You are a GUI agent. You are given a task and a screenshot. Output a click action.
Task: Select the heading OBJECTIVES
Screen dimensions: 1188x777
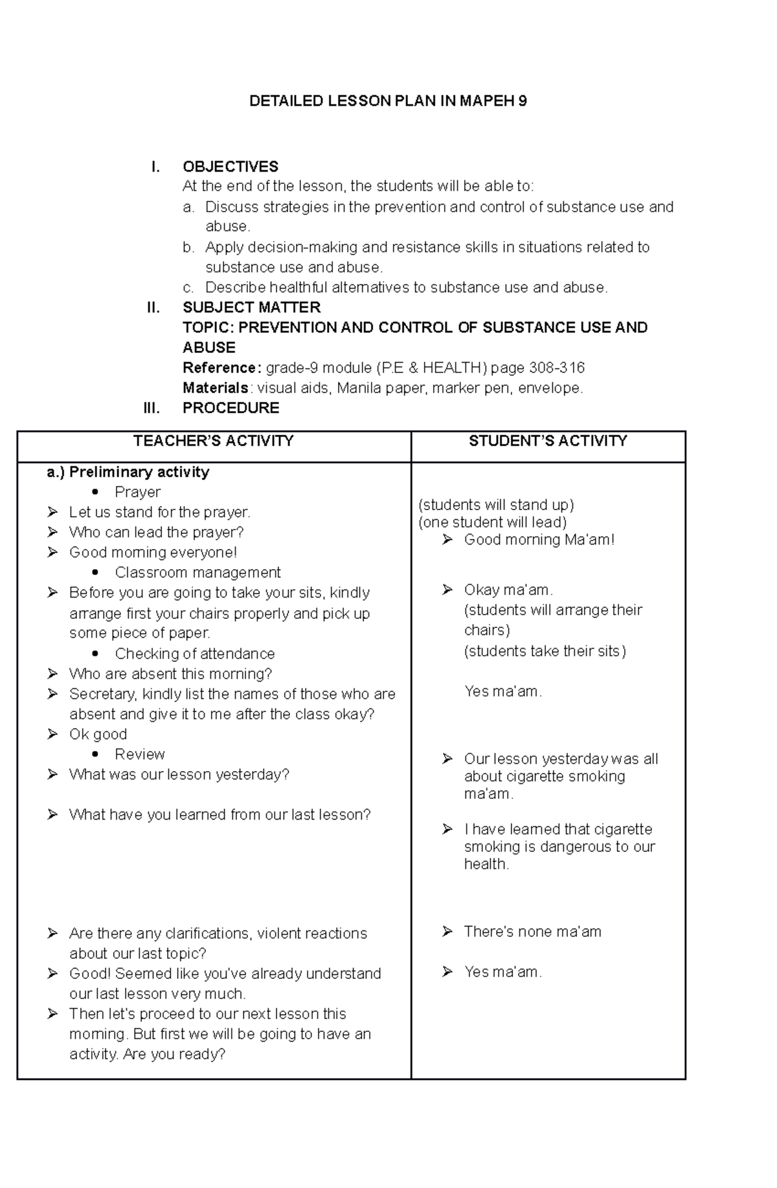point(231,167)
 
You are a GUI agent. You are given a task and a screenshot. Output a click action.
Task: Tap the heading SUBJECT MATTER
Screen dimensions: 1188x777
point(251,308)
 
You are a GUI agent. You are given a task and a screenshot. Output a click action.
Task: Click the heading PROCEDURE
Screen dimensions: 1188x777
point(231,409)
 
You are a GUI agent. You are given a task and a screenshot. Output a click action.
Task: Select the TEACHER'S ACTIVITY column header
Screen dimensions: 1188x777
point(213,442)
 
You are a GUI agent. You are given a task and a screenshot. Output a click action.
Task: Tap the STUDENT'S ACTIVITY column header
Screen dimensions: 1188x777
point(548,442)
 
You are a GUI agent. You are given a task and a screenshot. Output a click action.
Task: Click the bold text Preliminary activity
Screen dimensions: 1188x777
point(139,473)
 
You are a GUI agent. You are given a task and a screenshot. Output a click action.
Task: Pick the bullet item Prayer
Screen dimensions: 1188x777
point(137,493)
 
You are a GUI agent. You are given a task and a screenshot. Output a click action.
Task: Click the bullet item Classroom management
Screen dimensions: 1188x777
point(197,573)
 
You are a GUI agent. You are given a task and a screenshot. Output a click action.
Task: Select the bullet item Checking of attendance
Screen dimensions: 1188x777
point(194,654)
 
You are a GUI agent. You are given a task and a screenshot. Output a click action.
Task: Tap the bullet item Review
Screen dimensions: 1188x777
point(139,755)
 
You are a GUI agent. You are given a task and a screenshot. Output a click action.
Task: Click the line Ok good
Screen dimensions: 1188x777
point(98,735)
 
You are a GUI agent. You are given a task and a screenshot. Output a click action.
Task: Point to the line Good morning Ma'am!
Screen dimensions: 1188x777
point(539,540)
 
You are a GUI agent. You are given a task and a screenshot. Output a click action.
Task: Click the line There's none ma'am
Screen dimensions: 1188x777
point(532,932)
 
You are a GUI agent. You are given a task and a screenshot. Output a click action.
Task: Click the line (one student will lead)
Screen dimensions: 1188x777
point(492,522)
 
